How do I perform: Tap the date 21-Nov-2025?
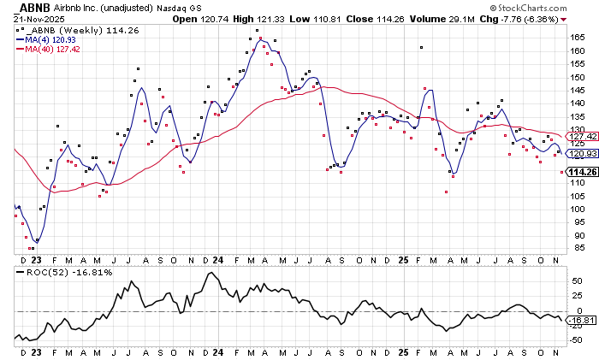click(28, 17)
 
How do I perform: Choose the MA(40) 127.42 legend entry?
click(51, 48)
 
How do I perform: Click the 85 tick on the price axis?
click(578, 248)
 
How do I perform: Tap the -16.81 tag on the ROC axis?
click(582, 320)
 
